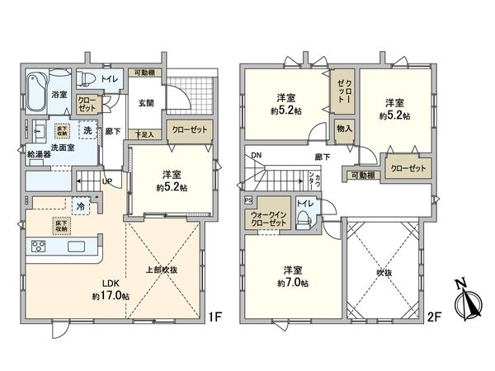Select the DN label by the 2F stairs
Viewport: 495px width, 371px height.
pyautogui.click(x=256, y=155)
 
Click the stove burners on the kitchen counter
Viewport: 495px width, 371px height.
pyautogui.click(x=40, y=245)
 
